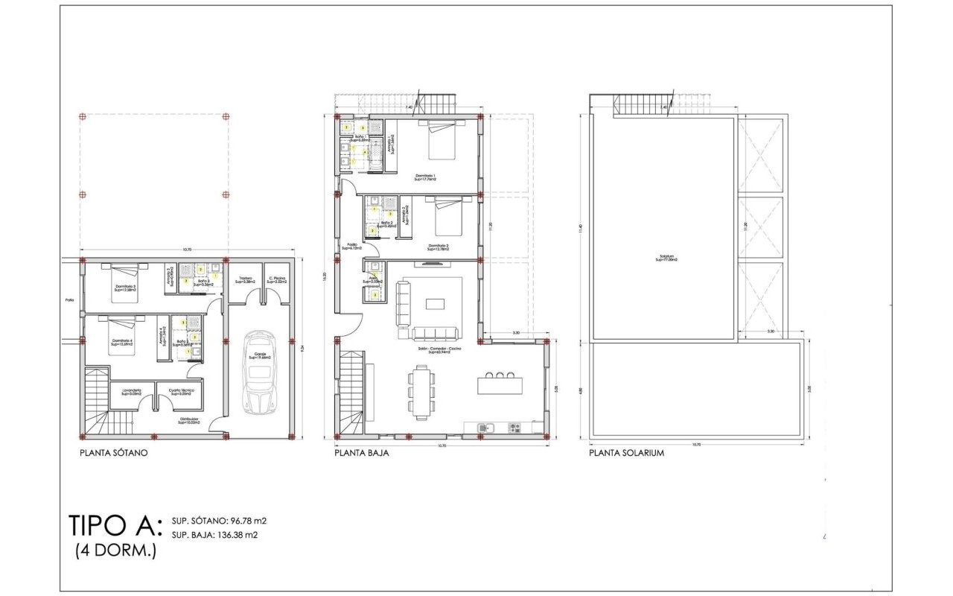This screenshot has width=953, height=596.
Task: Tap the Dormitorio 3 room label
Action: [x=124, y=288]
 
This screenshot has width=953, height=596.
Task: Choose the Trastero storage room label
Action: [x=246, y=280]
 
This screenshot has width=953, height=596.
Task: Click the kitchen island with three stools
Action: [x=500, y=384]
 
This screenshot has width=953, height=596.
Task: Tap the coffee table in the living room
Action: [x=435, y=303]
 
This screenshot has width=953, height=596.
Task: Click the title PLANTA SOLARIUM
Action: [x=626, y=453]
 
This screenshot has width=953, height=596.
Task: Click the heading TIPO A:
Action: [x=114, y=526]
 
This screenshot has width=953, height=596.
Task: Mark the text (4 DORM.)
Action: [x=115, y=551]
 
